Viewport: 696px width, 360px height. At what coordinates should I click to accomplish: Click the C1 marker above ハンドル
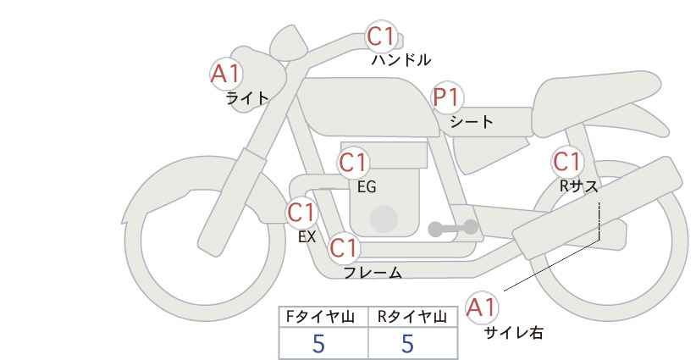click(381, 36)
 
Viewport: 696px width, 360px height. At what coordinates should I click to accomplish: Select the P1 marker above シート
click(447, 98)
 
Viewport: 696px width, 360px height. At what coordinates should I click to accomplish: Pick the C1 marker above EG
click(353, 162)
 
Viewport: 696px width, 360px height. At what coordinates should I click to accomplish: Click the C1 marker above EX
click(301, 212)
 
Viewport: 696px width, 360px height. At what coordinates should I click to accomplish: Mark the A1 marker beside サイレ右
click(483, 307)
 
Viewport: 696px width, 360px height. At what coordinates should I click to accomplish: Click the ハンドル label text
click(401, 60)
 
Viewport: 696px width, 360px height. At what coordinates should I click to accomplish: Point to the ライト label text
click(247, 98)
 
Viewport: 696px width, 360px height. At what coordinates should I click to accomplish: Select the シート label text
click(472, 122)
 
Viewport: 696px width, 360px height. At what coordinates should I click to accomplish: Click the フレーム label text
click(373, 273)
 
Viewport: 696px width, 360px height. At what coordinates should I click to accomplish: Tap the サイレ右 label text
click(514, 333)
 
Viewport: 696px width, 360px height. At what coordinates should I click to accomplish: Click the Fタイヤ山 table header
click(323, 317)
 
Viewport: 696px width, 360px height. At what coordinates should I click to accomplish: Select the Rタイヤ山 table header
click(412, 317)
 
